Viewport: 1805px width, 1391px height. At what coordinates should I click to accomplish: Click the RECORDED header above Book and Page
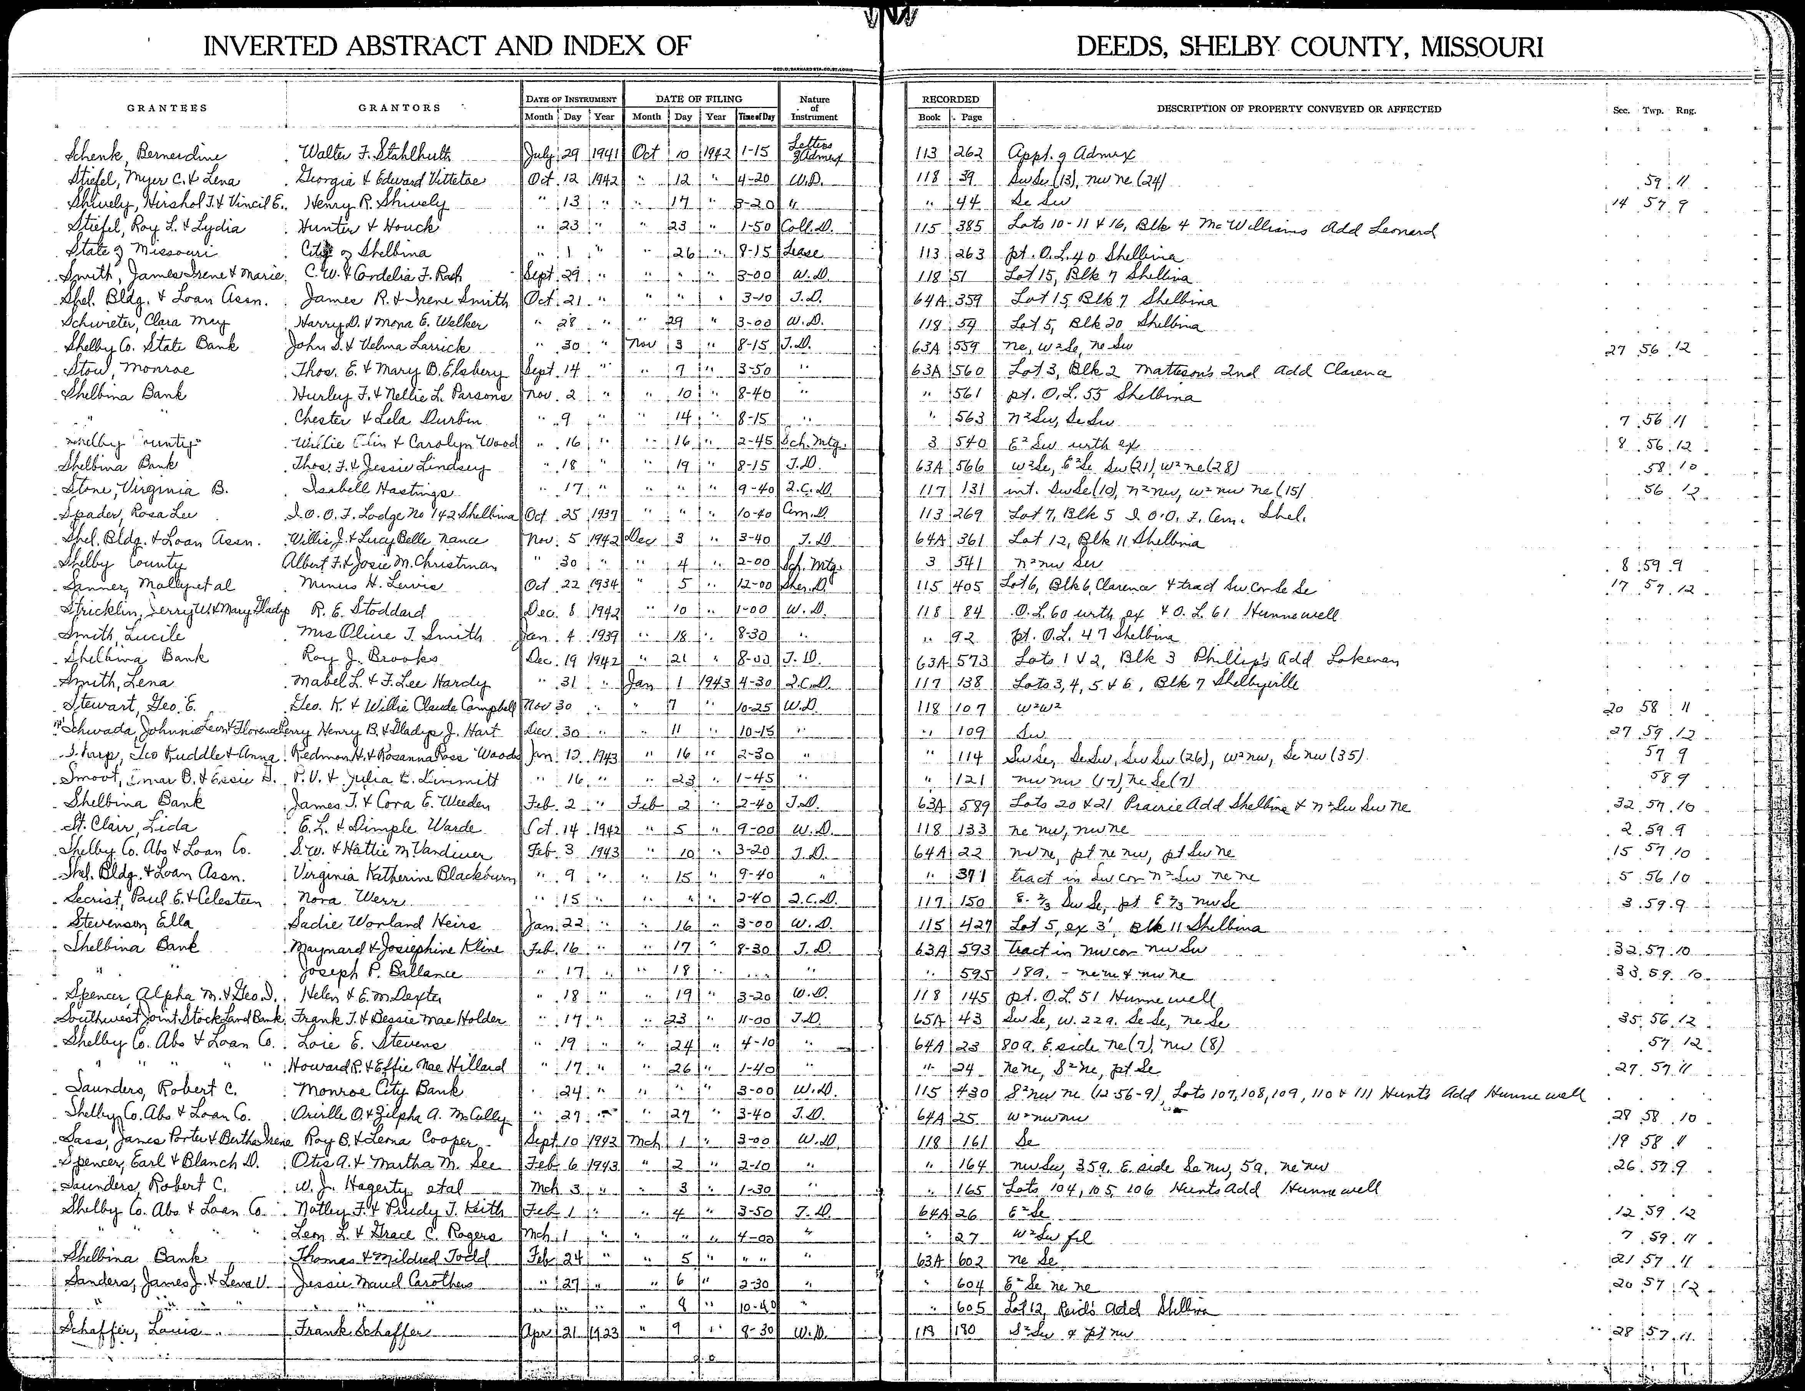click(x=950, y=99)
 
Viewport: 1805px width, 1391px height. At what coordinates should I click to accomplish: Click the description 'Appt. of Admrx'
click(x=1072, y=155)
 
